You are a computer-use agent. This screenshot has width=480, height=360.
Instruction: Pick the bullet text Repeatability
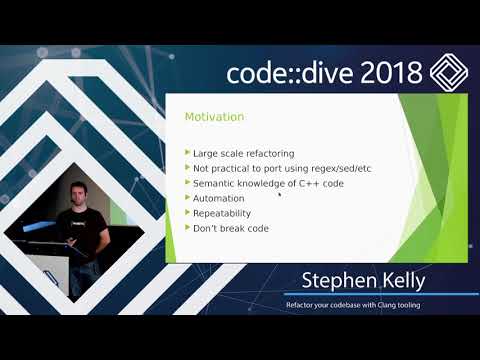tap(223, 213)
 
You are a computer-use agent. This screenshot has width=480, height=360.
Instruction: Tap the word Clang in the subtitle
tap(397, 304)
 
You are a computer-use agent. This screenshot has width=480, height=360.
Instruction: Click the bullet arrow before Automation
tap(187, 198)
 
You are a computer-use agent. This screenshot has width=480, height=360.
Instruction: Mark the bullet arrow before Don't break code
tap(187, 228)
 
